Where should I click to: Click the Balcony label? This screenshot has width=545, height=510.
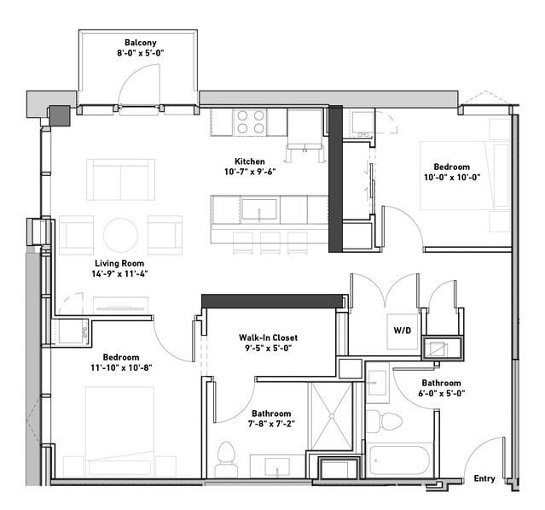(141, 43)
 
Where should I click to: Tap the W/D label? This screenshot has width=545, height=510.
(403, 330)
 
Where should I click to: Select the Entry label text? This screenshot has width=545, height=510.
(484, 478)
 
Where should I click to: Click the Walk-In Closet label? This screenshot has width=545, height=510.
(268, 337)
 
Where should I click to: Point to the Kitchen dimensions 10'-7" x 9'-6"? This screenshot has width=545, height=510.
(250, 172)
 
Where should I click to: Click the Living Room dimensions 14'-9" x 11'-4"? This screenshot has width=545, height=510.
(119, 273)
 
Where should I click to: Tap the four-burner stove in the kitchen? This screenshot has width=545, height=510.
(250, 122)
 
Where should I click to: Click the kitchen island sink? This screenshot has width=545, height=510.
(259, 209)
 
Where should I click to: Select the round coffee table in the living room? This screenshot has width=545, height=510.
(120, 235)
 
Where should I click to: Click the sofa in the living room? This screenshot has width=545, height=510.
(120, 179)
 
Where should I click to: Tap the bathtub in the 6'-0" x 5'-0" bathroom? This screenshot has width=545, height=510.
(400, 460)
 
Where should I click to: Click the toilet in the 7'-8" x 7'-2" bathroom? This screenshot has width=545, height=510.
(226, 460)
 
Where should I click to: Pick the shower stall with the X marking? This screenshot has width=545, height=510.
(331, 416)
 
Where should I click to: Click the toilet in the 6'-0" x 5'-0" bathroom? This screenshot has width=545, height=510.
(384, 421)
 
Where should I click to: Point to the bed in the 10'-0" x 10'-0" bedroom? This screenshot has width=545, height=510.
(465, 175)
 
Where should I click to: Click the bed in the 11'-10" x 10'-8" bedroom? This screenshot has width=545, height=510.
(119, 431)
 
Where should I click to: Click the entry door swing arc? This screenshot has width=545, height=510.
(478, 453)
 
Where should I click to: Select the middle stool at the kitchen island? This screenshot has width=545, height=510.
(270, 243)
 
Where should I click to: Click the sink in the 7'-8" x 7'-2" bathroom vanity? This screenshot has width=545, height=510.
(277, 466)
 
